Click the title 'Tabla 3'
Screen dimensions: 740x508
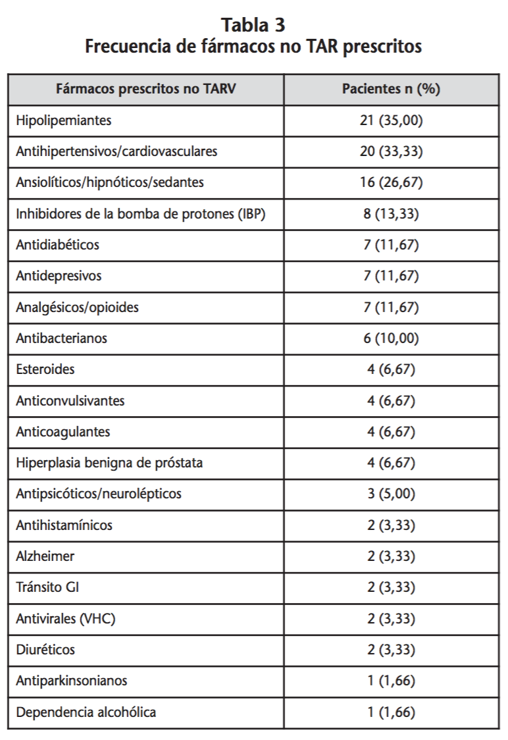[x=253, y=25]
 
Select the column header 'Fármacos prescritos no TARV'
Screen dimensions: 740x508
[x=146, y=90]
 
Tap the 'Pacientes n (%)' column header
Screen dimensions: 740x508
[x=391, y=90]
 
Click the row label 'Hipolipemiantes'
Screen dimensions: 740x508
[x=64, y=120]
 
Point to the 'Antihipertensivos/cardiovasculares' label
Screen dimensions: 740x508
[x=116, y=151]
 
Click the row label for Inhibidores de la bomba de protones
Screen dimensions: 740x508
[x=141, y=214]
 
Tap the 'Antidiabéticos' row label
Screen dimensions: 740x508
[x=58, y=245]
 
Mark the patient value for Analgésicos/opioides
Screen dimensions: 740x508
[x=391, y=307]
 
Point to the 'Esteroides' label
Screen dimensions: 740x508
[x=45, y=369]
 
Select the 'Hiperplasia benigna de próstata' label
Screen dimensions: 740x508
[x=109, y=463]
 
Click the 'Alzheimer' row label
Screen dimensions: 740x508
[x=45, y=556]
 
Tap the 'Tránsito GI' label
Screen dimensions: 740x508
[x=47, y=587]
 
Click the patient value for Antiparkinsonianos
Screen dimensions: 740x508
[x=391, y=681]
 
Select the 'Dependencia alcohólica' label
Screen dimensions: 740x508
[x=86, y=712]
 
